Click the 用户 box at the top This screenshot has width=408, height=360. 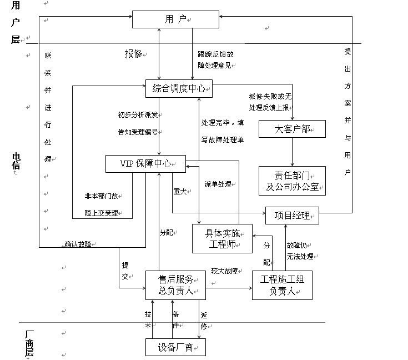[x=175, y=19]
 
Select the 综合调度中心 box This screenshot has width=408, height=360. [x=179, y=88]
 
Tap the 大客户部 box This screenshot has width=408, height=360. [x=292, y=129]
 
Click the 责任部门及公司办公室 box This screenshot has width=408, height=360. [x=292, y=181]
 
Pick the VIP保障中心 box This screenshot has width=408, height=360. [x=145, y=163]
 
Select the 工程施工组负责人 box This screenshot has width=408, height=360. [x=286, y=285]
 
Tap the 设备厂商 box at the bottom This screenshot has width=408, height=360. [x=175, y=347]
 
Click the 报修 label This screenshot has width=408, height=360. [x=133, y=54]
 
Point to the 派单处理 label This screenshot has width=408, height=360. [x=218, y=184]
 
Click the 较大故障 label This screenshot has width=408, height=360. [x=225, y=271]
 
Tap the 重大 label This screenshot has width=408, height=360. [x=180, y=191]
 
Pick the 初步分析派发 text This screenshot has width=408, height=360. [x=138, y=115]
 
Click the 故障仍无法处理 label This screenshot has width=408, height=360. [x=300, y=251]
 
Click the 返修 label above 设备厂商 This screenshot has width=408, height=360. [x=204, y=321]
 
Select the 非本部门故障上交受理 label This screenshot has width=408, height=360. [x=102, y=204]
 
